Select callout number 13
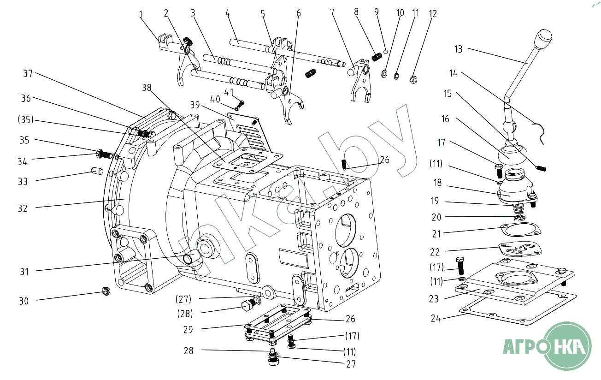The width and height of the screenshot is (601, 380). (458, 49)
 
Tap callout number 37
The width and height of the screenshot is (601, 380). (29, 73)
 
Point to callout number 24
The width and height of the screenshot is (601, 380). (436, 318)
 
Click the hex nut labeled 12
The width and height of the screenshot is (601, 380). (413, 79)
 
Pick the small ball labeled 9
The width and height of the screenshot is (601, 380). (386, 52)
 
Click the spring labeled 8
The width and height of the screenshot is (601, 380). (377, 57)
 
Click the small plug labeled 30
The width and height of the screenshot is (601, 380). (106, 291)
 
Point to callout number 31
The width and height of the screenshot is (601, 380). (24, 272)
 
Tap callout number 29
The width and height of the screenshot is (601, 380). (188, 330)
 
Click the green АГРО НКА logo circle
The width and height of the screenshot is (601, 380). (567, 345)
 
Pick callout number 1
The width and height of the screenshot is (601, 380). (141, 15)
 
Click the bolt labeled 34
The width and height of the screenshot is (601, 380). (104, 153)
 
